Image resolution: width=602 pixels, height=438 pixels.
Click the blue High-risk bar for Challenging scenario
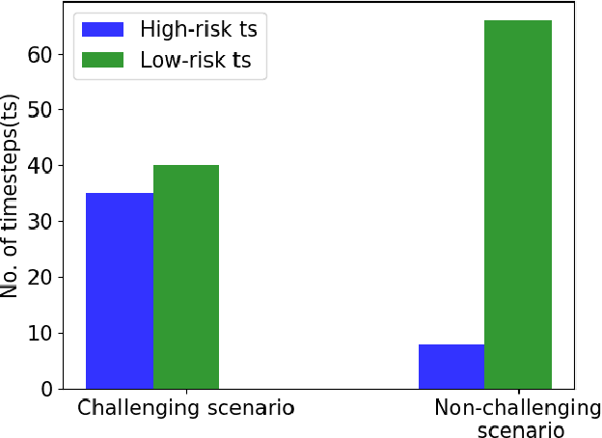(120, 290)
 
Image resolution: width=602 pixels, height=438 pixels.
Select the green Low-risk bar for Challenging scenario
(186, 277)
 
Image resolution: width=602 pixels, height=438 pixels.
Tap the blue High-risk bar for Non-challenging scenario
(451, 367)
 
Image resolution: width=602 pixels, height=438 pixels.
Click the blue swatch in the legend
(103, 30)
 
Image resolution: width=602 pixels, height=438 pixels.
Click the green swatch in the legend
(103, 60)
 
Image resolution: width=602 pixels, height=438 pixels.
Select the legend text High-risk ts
(199, 30)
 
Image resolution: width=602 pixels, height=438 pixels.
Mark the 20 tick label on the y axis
(39, 277)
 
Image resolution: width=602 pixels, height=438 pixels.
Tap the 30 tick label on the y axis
(39, 222)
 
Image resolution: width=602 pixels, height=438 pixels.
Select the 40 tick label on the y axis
(39, 166)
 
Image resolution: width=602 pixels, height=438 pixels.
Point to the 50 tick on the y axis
(39, 110)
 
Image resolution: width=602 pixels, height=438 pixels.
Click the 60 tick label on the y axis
(39, 54)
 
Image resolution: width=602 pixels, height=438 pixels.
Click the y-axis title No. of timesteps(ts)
(12, 197)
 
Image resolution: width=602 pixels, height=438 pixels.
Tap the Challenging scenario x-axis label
(185, 408)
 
